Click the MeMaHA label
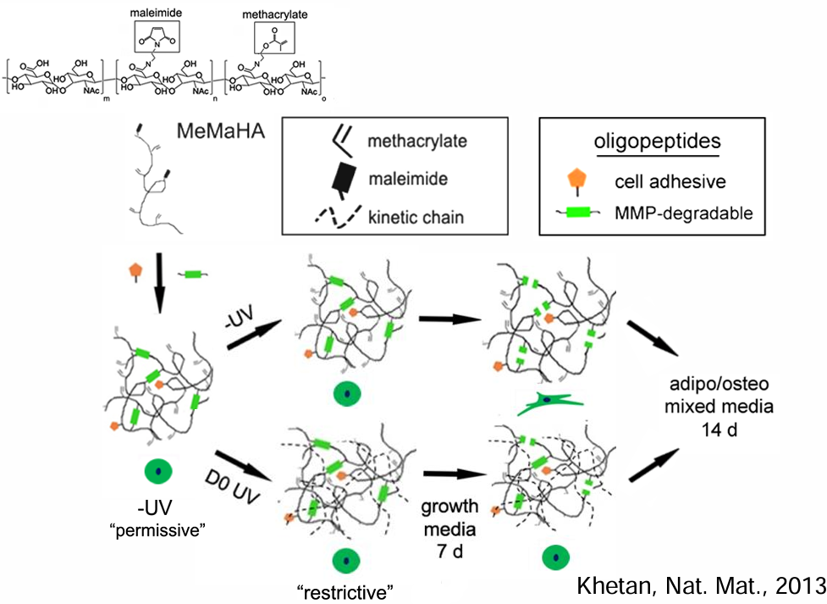220,130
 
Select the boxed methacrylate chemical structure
274,38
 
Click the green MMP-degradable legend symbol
577,213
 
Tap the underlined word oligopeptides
657,142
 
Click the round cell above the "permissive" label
158,471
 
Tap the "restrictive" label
345,592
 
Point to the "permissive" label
157,529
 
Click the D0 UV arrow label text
232,487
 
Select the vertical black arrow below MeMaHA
159,283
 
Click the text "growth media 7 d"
449,529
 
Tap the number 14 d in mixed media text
719,429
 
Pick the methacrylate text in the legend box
417,141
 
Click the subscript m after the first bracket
107,99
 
